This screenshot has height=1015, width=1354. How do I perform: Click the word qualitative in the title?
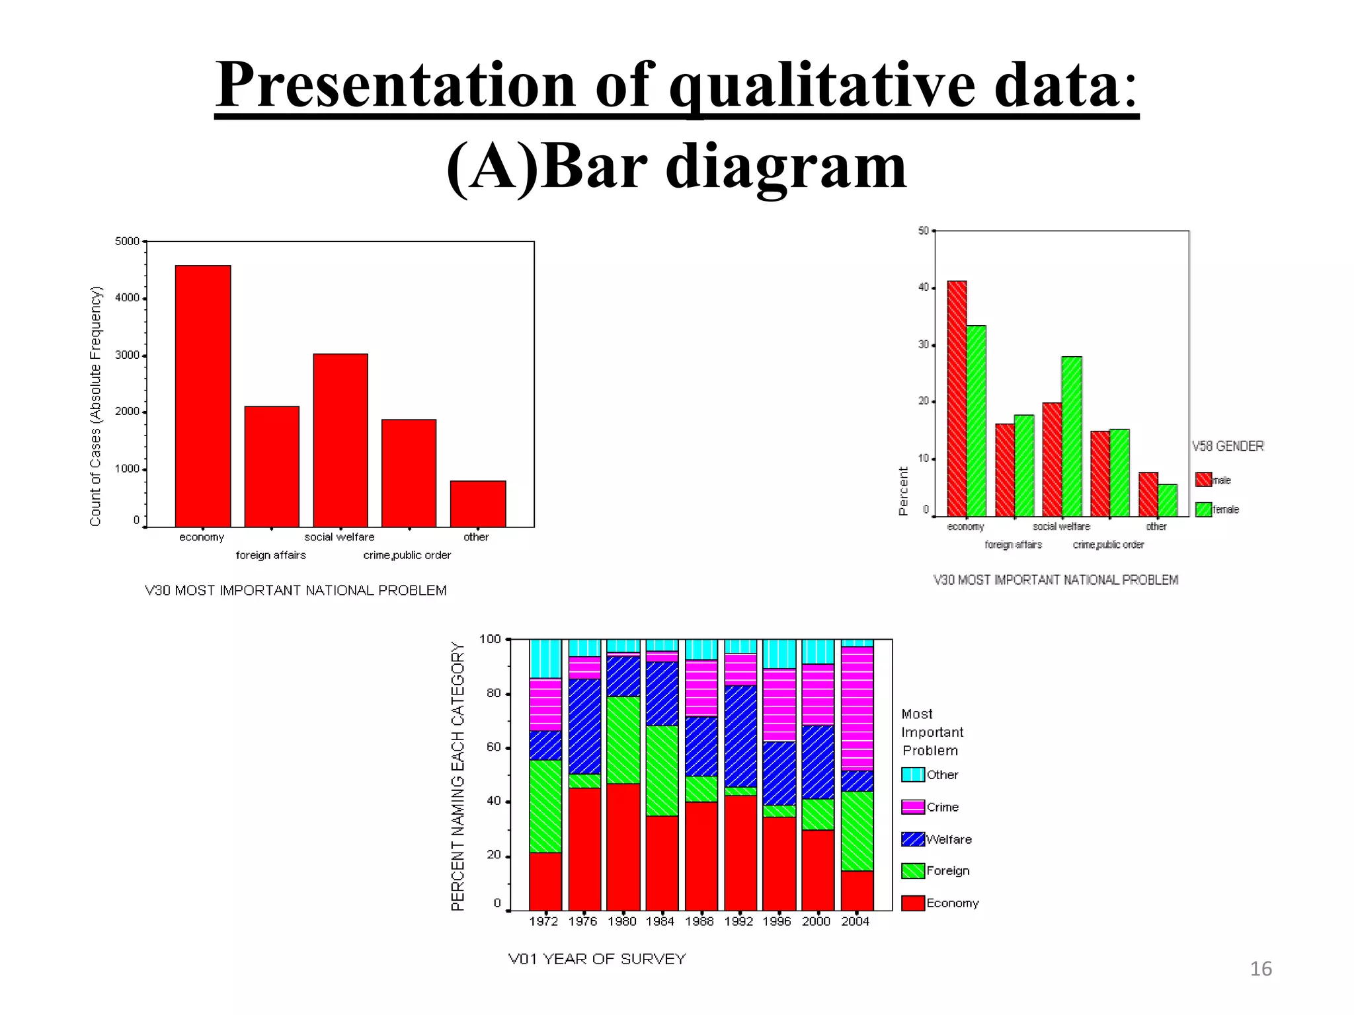tap(822, 86)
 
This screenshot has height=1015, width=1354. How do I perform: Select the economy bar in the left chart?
tap(203, 396)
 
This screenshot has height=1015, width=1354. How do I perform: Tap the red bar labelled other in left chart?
tap(478, 504)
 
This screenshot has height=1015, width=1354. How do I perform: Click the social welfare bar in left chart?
tap(340, 440)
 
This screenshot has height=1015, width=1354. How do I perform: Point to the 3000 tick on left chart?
tap(128, 356)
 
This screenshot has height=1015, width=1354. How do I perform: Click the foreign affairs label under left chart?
tap(271, 555)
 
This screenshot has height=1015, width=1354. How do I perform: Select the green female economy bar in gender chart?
tap(976, 421)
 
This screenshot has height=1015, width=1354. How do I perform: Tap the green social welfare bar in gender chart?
tap(1072, 436)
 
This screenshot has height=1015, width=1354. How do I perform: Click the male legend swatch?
tap(1203, 480)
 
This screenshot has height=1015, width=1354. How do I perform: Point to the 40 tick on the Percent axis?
tap(924, 287)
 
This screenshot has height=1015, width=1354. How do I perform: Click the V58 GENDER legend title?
tap(1228, 446)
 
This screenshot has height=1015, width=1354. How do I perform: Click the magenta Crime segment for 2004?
tap(857, 708)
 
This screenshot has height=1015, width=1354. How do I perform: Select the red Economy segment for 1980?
tap(623, 847)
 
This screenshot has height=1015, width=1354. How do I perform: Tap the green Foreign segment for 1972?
tap(545, 806)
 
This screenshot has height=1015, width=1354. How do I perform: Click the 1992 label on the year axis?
tap(738, 921)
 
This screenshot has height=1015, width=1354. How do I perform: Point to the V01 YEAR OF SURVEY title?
tap(597, 959)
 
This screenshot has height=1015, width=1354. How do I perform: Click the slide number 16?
tap(1261, 969)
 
